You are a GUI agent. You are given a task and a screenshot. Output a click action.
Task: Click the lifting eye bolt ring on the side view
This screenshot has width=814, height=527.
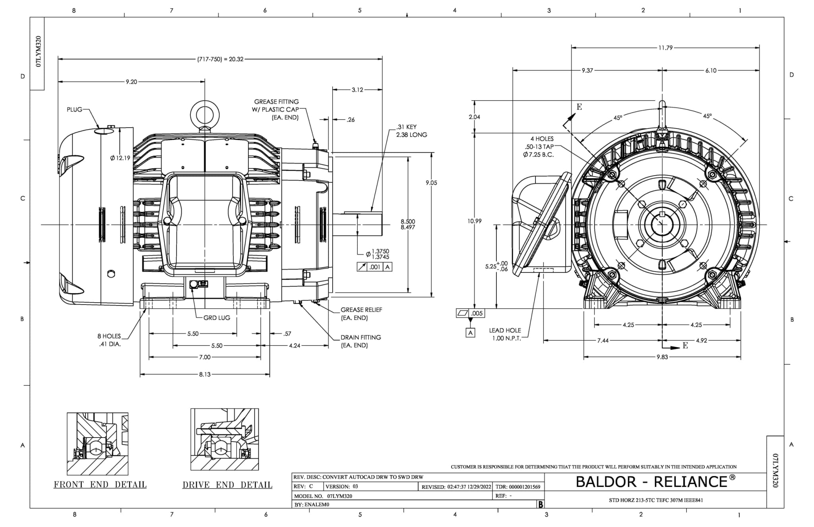205,113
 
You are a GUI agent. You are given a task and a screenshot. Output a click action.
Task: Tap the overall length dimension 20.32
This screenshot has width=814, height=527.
221,59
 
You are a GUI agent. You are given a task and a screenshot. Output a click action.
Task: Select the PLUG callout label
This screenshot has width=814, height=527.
74,109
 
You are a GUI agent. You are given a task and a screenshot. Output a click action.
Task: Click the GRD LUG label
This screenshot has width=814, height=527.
217,318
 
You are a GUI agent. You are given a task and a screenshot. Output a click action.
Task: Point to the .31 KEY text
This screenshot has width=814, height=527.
406,127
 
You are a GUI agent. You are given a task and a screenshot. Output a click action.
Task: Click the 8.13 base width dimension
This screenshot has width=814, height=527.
205,374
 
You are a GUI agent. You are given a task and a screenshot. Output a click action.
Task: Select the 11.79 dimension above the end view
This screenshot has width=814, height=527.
665,48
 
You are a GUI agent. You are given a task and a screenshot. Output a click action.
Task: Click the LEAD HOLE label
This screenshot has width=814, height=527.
505,331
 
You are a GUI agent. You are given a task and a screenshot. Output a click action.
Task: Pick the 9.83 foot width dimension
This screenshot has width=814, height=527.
662,357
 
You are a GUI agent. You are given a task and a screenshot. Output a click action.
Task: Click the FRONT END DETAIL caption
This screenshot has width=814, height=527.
100,485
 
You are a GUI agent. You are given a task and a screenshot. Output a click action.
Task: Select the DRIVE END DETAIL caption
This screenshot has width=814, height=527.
227,485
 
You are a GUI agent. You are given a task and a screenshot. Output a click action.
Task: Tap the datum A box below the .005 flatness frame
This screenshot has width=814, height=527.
471,333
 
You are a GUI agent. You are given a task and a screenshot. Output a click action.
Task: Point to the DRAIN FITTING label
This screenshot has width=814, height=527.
360,337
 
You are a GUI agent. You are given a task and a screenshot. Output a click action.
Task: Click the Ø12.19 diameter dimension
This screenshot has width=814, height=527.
120,158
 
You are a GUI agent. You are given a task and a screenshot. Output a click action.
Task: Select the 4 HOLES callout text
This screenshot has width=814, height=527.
542,139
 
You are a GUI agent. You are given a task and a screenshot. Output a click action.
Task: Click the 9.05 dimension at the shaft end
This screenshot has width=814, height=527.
431,183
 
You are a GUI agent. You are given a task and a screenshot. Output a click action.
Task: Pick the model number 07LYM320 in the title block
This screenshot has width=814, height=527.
339,496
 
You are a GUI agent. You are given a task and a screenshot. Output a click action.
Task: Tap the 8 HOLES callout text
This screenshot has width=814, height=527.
109,336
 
